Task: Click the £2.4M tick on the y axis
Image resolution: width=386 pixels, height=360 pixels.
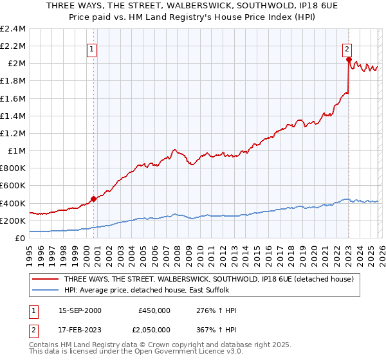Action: [x=13, y=29]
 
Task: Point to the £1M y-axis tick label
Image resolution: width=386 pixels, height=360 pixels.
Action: [x=17, y=151]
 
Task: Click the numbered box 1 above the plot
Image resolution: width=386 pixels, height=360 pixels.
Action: [x=91, y=48]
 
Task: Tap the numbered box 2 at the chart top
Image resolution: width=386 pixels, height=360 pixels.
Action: [x=347, y=48]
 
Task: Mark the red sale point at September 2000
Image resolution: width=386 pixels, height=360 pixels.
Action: [x=93, y=199]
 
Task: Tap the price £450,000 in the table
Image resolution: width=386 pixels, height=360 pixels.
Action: [x=154, y=310]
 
